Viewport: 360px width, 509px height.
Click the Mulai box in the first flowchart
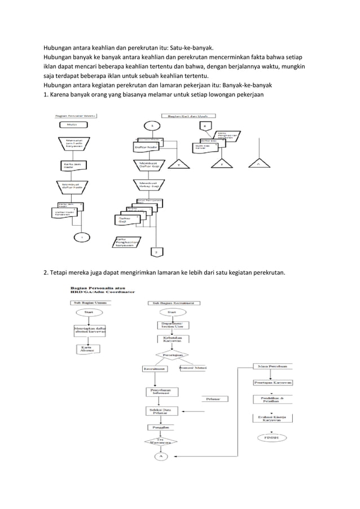(x=72, y=124)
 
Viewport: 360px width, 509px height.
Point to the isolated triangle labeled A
(x=257, y=165)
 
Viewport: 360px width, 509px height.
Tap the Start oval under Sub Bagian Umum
(x=89, y=311)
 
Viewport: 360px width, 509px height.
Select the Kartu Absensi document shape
(x=87, y=349)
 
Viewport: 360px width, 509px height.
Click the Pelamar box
(x=213, y=399)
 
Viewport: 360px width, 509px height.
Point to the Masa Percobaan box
(x=272, y=366)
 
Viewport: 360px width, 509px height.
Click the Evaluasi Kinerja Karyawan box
(x=272, y=418)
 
